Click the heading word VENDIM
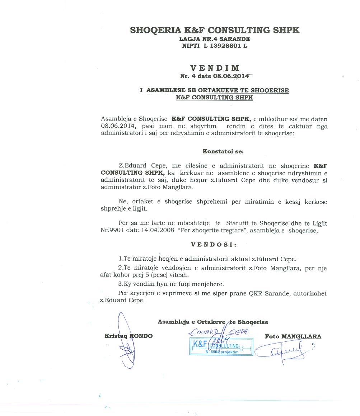[x=215, y=68]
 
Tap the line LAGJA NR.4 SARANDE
[x=215, y=39]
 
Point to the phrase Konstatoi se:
[x=223, y=151]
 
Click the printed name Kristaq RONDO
[x=128, y=336]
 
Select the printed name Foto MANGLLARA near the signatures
[x=293, y=336]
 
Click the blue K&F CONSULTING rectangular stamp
[x=221, y=347]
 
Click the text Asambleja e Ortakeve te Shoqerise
[x=213, y=322]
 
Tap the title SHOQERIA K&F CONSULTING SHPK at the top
[x=215, y=30]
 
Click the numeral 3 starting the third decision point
[x=120, y=284]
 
